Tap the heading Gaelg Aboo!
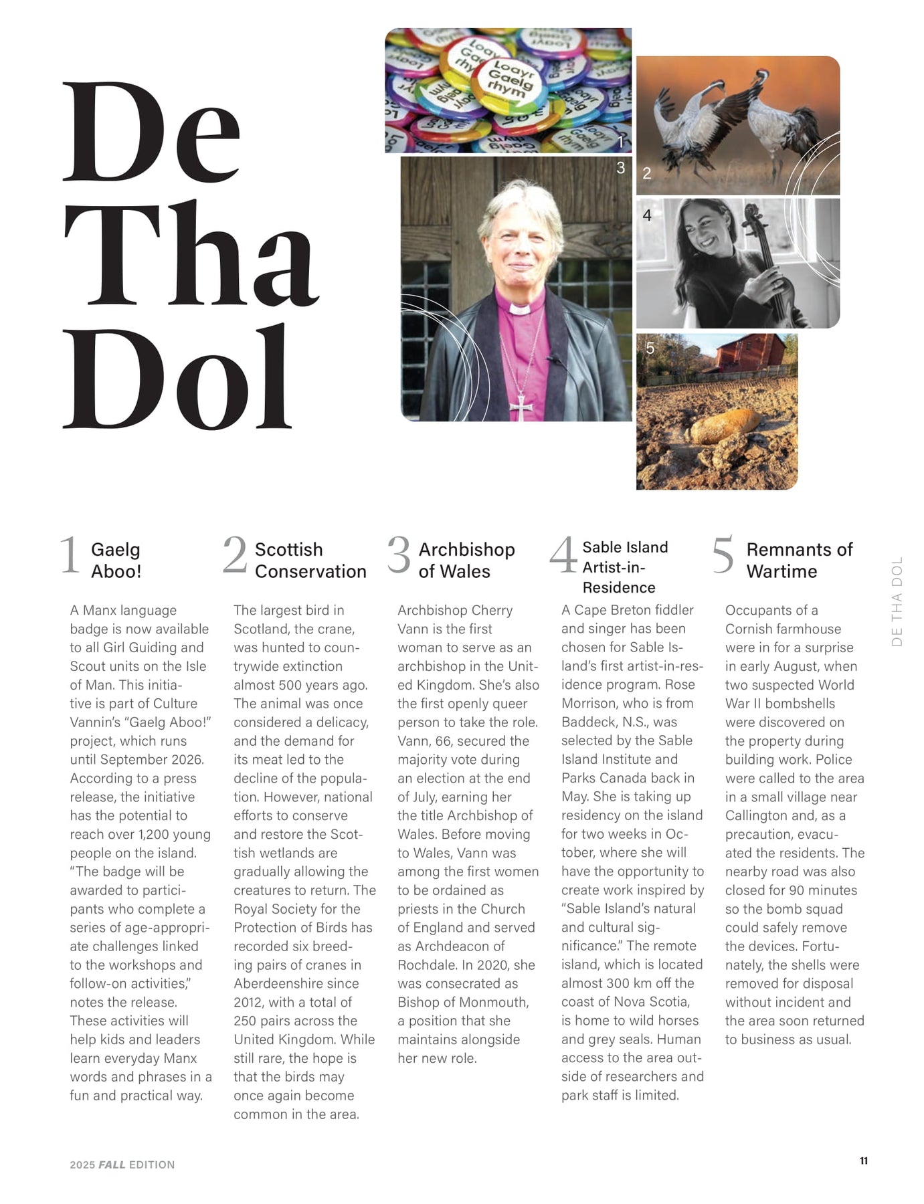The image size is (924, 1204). point(116,561)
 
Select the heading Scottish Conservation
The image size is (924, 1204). point(310,561)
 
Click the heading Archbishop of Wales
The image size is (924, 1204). point(466,561)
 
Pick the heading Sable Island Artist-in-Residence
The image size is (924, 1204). point(625,567)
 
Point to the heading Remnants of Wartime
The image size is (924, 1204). point(799,561)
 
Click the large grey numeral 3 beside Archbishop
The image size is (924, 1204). point(399,555)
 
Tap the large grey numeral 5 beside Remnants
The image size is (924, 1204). point(723,555)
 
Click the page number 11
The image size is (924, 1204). point(863,1161)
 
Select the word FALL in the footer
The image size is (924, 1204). point(112,1165)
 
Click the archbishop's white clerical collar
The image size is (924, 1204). point(519,309)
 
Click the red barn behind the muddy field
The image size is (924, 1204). point(749,353)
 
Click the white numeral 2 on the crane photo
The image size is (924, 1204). point(647,173)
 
